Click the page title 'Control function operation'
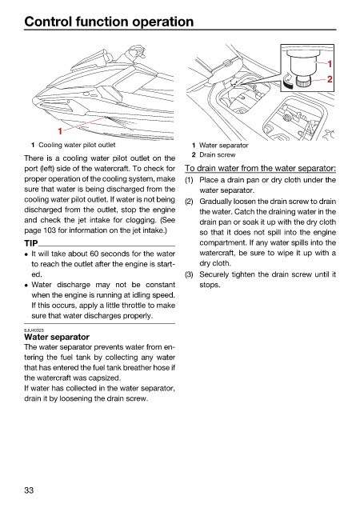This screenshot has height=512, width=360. [109, 22]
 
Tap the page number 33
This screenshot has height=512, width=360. [29, 490]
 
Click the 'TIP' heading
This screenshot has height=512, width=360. [31, 243]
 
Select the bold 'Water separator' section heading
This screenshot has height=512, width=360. [57, 337]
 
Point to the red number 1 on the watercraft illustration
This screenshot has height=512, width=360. [60, 131]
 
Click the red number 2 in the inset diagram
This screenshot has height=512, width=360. [330, 79]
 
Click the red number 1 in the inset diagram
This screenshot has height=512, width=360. [330, 64]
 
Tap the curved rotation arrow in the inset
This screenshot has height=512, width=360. [288, 81]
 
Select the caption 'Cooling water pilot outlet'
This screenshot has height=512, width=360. [77, 145]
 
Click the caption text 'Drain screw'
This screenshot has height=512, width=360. [218, 154]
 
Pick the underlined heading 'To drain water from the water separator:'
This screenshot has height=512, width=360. [260, 168]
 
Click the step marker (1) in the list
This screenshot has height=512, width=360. [189, 180]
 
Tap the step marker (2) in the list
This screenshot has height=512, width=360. [189, 202]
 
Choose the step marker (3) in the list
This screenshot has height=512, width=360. [189, 274]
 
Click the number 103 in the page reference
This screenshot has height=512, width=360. [50, 230]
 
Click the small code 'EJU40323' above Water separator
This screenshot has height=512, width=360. [34, 330]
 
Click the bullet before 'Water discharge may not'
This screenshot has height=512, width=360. [26, 286]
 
